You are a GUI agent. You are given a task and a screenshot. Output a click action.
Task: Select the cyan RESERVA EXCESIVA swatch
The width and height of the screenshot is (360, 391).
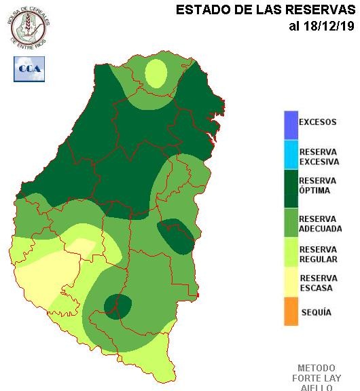tap(291, 156)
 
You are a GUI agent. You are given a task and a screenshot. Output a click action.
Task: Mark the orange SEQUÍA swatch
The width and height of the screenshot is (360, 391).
tap(291, 312)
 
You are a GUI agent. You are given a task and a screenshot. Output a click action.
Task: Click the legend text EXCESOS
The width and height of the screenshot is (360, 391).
tap(317, 123)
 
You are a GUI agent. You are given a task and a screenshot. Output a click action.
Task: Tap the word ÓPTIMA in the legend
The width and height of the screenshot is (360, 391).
tap(314, 191)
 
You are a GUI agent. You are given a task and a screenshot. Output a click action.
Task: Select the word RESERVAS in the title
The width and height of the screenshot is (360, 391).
tap(316, 10)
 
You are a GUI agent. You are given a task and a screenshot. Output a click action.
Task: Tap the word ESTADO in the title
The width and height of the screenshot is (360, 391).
tap(199, 10)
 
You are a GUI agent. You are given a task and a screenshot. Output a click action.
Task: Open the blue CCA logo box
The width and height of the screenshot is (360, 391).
tap(29, 69)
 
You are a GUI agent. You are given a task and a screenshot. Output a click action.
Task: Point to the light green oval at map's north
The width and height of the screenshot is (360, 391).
tap(157, 73)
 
